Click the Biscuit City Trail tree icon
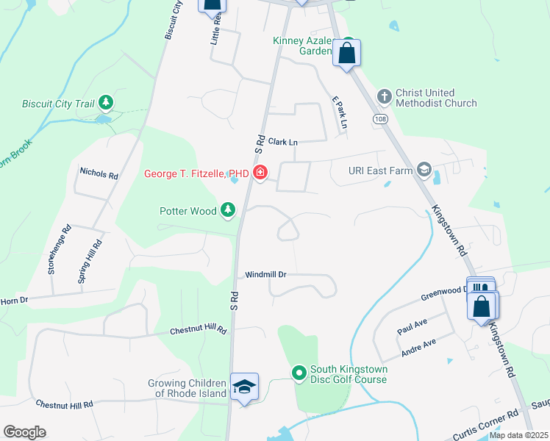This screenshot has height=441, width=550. pos(107,102)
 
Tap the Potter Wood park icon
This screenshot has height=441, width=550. pos(228,211)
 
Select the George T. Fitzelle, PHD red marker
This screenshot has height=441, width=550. pos(260,173)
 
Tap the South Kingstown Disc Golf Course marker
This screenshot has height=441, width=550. pos(299,373)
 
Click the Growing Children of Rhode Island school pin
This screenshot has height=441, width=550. pos(244,387)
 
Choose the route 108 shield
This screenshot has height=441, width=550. pos(379,119)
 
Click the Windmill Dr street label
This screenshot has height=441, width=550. pos(265,274)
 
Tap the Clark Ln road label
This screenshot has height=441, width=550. pos(282,141)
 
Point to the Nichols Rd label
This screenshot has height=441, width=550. pos(99,174)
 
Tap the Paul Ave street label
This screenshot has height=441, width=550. pos(413,324)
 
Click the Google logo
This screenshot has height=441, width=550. pos(24,432)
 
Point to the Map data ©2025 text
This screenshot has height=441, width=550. pos(518,435)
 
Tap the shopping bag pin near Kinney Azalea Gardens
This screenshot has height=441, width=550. pos(346,53)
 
